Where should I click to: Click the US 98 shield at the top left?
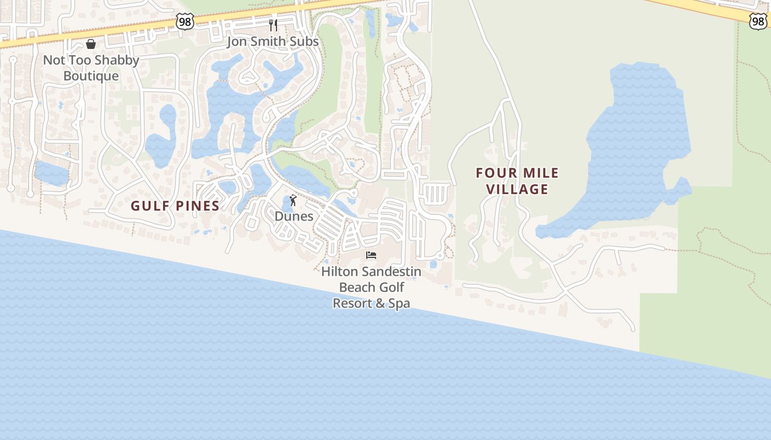click(185, 21)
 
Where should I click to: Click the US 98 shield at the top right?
click(758, 21)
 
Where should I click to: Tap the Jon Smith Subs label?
click(273, 41)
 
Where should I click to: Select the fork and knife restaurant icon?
click(273, 25)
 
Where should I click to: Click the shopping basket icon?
click(91, 44)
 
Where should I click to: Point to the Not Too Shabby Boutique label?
click(91, 68)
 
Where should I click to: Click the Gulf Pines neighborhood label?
click(175, 206)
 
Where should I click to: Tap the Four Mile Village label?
click(517, 181)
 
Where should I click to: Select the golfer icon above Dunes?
click(293, 201)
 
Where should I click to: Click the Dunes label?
click(294, 216)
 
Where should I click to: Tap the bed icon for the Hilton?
click(371, 255)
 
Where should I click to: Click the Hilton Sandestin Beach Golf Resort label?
click(371, 287)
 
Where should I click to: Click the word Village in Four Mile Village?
click(517, 189)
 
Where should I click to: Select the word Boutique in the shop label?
click(91, 76)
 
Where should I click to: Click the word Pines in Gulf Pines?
click(197, 206)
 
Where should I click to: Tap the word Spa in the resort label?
click(399, 303)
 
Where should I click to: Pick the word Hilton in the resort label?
click(341, 271)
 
